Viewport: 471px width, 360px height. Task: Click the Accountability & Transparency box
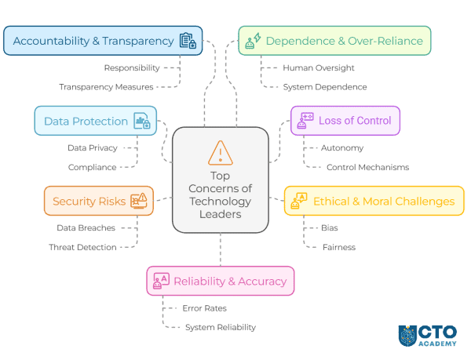[x=102, y=41]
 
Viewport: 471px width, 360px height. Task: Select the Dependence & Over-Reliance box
[x=334, y=41]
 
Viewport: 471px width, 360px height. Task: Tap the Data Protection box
[x=95, y=121]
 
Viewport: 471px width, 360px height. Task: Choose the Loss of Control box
[x=345, y=121]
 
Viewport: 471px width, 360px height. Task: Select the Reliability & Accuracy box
[x=220, y=281]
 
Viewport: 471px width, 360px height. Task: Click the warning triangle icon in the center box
[x=221, y=151]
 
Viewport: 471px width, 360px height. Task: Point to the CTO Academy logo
[x=427, y=335]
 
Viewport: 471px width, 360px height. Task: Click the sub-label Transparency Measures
[x=106, y=87]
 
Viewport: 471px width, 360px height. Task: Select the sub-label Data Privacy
[x=92, y=147]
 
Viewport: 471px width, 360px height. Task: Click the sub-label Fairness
[x=338, y=247]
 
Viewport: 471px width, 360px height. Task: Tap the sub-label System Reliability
[x=220, y=327]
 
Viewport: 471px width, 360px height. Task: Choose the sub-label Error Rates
[x=204, y=308]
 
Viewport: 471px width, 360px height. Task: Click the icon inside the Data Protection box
[x=142, y=121]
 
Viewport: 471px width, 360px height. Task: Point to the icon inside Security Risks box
[x=139, y=202]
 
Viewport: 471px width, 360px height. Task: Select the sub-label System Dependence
[x=324, y=87]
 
